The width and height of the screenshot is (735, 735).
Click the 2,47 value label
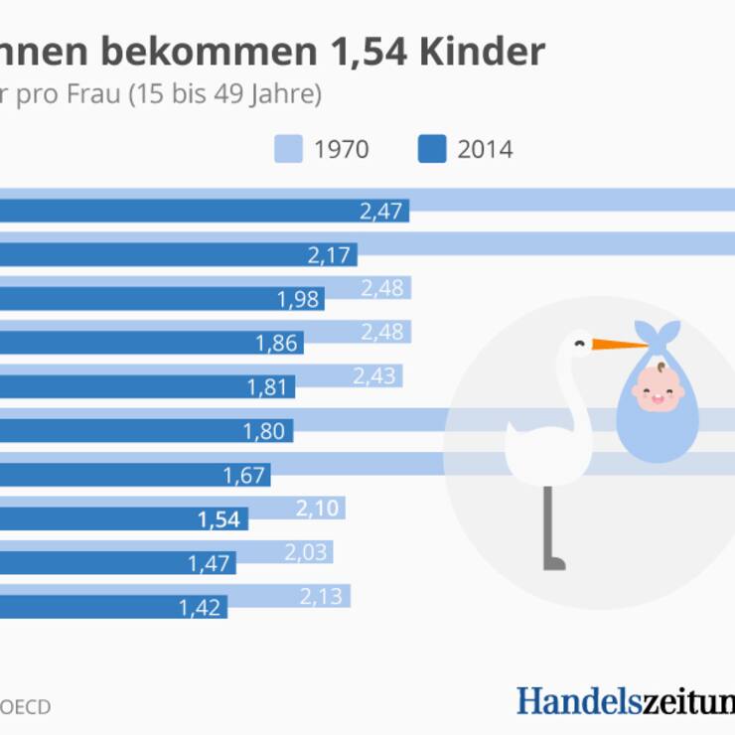[x=383, y=211]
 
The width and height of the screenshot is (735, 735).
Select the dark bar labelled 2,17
[x=179, y=255]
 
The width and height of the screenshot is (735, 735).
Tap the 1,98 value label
[x=299, y=299]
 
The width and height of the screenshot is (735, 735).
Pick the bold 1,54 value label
[x=220, y=518]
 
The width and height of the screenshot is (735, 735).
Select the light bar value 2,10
[x=319, y=509]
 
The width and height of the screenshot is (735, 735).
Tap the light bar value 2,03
[x=307, y=552]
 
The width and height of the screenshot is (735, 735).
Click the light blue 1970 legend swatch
[x=287, y=150]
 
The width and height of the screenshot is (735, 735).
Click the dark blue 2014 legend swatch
[x=431, y=150]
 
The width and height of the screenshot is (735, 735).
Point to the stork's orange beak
[x=618, y=346]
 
